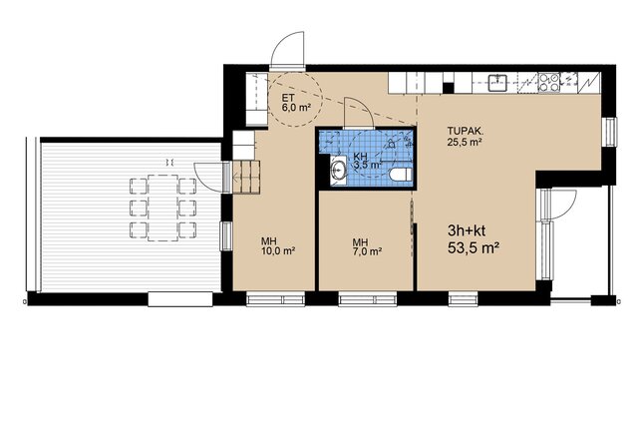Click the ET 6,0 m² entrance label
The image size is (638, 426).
point(296,103)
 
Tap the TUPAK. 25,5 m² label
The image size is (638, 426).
point(466,137)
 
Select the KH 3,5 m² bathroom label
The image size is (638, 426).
point(367,161)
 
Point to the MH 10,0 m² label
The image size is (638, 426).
point(278,246)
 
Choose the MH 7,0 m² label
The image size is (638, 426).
point(367,246)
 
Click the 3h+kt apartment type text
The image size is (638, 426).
point(467,230)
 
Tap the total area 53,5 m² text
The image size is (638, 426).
point(474,247)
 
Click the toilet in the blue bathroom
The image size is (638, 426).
point(401,176)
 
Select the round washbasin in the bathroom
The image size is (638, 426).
point(338,171)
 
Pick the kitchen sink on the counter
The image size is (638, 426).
point(496,82)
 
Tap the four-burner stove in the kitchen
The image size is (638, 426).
point(548,82)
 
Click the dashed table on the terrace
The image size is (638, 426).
point(162,208)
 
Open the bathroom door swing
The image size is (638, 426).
point(358,113)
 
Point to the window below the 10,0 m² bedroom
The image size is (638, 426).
point(275,299)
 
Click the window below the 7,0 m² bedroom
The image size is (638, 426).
point(368,299)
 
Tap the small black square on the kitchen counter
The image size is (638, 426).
point(448,89)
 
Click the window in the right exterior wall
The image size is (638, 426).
point(609,132)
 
